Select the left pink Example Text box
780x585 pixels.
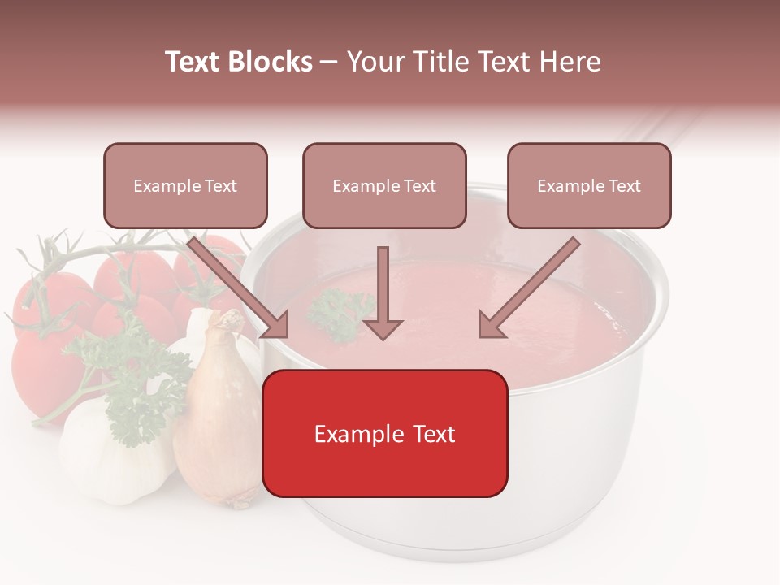[x=185, y=185]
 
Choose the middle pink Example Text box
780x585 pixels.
[x=384, y=185]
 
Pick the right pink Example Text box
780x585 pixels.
[x=589, y=185]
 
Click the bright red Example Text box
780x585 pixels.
[x=385, y=433]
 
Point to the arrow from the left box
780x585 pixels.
[x=240, y=288]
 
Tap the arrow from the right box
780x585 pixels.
[x=528, y=288]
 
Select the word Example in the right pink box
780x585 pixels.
[x=568, y=186]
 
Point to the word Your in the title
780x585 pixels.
[x=372, y=62]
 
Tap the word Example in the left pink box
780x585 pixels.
[x=164, y=186]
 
